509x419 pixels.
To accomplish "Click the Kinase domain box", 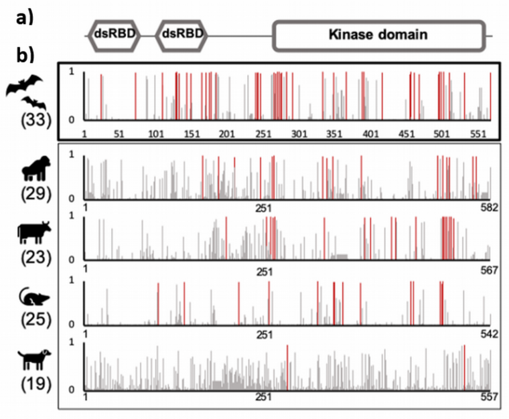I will click(378, 35).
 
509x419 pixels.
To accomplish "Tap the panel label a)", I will click(26, 19).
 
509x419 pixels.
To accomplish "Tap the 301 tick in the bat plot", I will click(299, 134).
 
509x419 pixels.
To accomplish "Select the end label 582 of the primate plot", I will click(488, 207).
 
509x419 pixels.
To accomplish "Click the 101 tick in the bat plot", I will click(156, 134).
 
